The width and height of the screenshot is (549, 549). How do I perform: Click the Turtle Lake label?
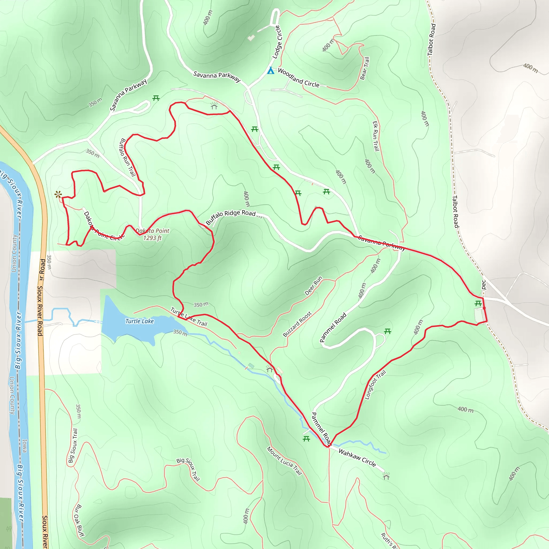[139, 321]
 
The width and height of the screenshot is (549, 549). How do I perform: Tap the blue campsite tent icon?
[270, 70]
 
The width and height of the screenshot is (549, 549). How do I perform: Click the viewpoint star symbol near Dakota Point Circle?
[58, 194]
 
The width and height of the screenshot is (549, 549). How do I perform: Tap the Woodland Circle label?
[298, 77]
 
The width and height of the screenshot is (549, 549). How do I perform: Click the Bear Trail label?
[365, 68]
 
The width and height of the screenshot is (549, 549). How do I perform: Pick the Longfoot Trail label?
[375, 385]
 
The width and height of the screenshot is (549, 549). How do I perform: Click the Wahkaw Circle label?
[357, 458]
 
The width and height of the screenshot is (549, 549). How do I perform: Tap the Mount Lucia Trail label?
[284, 460]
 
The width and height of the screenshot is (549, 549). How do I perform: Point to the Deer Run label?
[313, 285]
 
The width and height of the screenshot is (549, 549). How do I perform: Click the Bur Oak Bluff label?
[79, 521]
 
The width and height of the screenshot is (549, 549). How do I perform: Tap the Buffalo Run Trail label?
[127, 157]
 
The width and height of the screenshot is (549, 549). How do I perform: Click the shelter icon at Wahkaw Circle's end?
[386, 476]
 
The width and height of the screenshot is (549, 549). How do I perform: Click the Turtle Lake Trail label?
[189, 316]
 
